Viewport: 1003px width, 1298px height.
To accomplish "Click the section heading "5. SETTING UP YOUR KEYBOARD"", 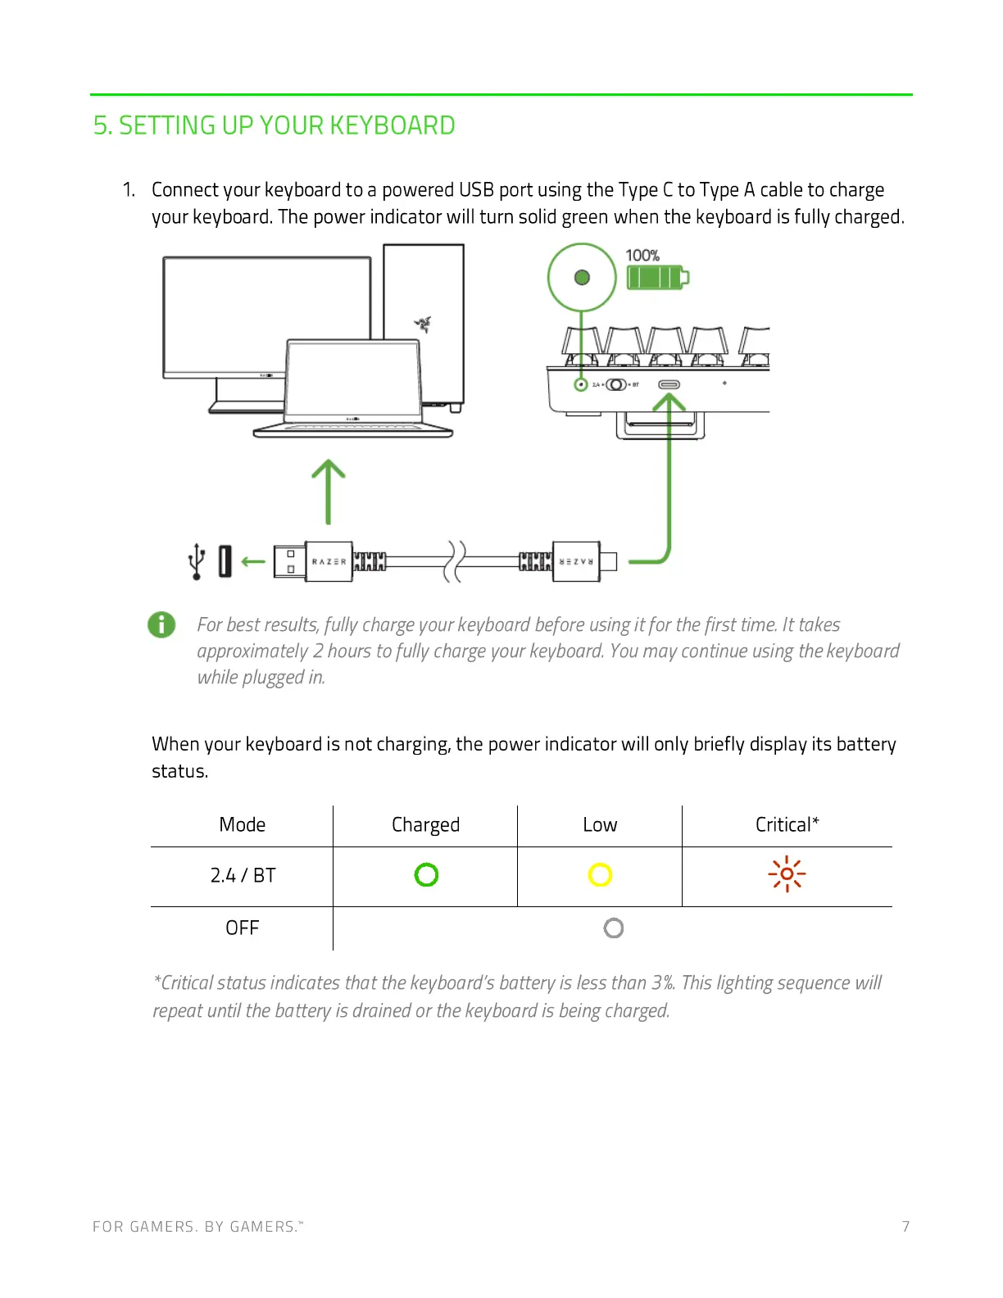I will click(x=274, y=125).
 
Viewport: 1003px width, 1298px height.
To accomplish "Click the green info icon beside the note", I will click(x=161, y=624).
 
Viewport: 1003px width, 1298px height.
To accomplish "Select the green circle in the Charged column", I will click(x=426, y=875).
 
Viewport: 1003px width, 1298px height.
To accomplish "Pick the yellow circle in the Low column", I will click(x=600, y=875).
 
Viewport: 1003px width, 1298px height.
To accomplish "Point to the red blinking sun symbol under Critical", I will click(x=787, y=874).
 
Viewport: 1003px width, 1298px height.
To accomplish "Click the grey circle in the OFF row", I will click(x=613, y=928).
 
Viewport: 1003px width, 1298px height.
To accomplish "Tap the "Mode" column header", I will click(x=242, y=824).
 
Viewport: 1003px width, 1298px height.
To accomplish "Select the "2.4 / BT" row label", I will click(x=243, y=875).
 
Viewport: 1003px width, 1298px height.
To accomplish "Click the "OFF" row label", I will click(x=242, y=928).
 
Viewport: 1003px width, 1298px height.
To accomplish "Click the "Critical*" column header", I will click(x=787, y=824).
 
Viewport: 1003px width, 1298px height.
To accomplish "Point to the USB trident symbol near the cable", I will click(x=197, y=561).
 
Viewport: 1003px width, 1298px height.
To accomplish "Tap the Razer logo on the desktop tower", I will click(x=423, y=324).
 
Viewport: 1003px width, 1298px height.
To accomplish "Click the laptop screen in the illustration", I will click(x=352, y=381).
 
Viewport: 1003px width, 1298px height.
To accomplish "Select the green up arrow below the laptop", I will click(x=329, y=492).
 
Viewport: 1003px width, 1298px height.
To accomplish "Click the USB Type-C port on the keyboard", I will click(x=669, y=384).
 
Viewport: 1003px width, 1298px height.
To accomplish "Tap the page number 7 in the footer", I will click(x=905, y=1227).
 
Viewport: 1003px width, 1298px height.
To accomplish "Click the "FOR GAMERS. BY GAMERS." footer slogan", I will click(x=197, y=1227).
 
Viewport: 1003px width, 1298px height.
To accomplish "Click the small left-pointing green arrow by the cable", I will click(x=253, y=561).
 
